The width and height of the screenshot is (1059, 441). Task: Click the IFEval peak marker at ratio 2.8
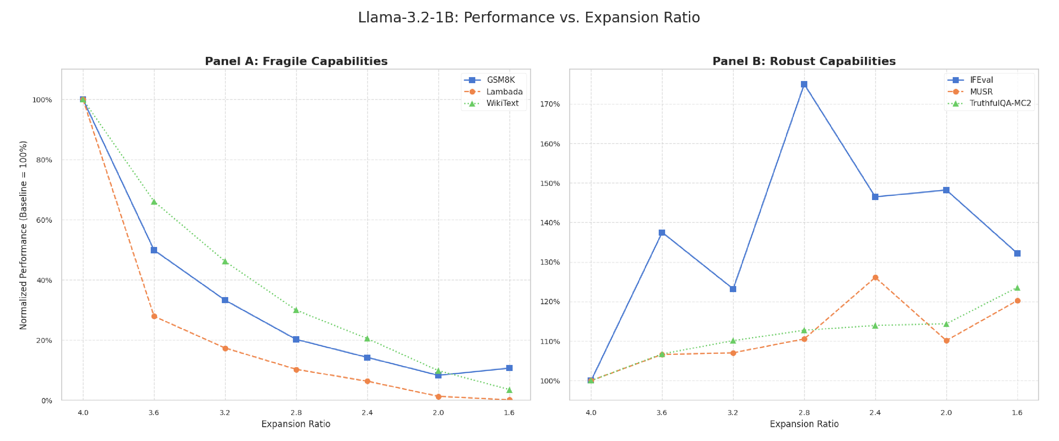point(804,84)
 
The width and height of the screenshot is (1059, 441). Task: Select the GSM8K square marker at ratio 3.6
point(154,250)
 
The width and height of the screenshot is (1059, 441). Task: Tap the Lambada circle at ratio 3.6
point(154,316)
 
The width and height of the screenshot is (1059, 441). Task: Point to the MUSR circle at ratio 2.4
point(875,278)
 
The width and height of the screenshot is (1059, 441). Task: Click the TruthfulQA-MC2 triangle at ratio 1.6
point(1017,288)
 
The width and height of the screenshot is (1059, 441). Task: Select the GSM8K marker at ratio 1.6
point(509,368)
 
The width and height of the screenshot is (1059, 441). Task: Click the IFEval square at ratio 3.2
point(733,289)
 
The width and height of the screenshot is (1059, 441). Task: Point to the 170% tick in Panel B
point(550,104)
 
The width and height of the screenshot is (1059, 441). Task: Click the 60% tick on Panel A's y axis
point(44,220)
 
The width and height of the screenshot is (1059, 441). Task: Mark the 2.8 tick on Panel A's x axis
point(296,413)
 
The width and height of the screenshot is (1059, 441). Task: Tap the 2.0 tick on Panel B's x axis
point(946,413)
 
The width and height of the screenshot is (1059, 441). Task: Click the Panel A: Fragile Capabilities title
point(296,61)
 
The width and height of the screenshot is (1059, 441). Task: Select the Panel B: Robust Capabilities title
point(804,61)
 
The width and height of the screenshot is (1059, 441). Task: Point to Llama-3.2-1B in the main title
point(407,18)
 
